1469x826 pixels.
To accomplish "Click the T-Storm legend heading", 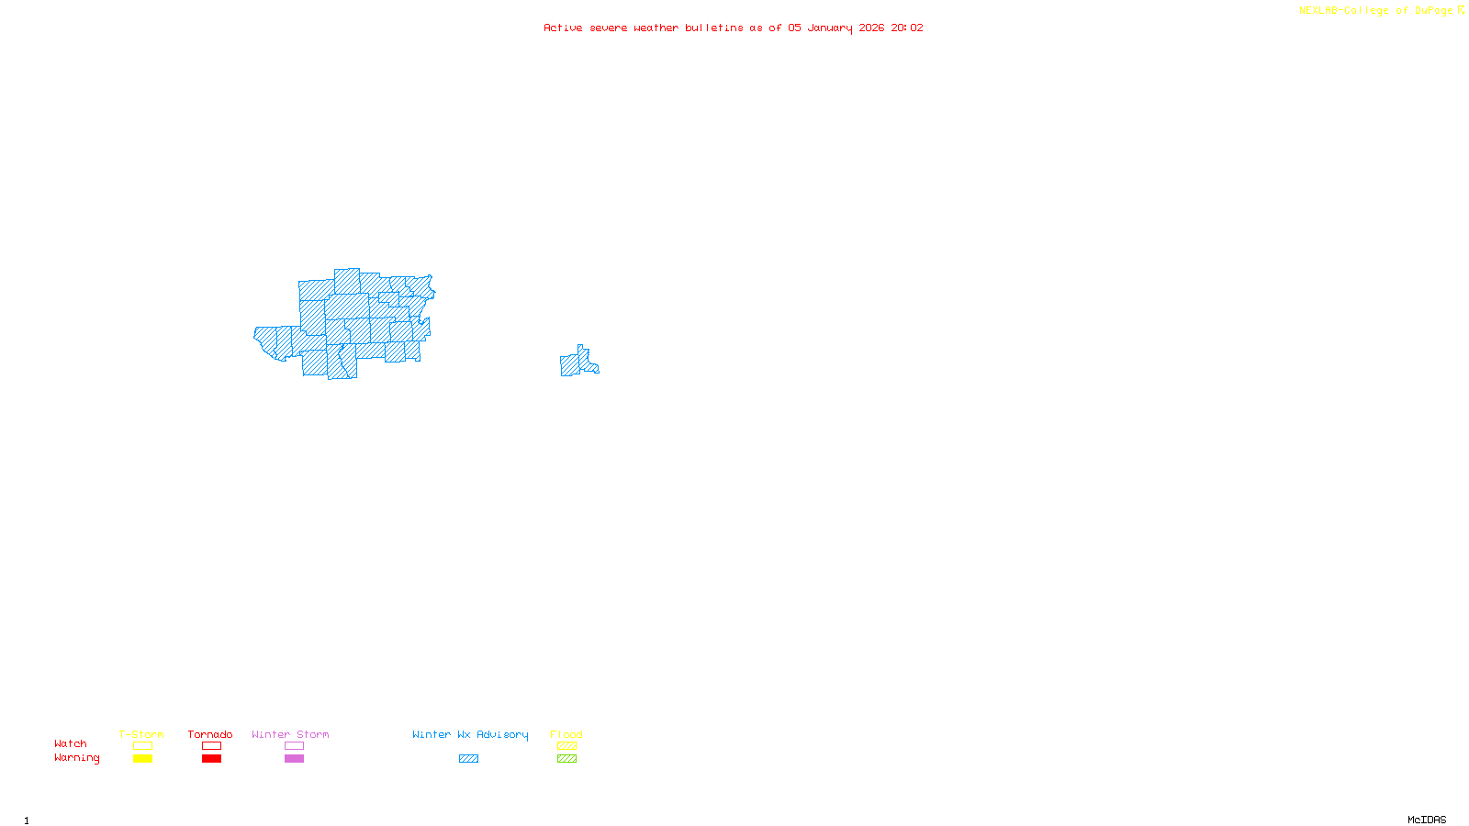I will [x=141, y=734].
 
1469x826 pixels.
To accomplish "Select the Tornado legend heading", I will [x=210, y=734].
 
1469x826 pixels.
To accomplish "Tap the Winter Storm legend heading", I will [x=290, y=734].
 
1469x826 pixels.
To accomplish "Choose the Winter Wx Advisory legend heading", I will [x=470, y=734].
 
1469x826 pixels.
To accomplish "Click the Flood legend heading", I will [x=566, y=734].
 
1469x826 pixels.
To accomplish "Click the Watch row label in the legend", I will [x=71, y=743].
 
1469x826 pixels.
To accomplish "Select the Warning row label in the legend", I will [x=77, y=758].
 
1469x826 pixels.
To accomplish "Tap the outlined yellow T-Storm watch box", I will [x=142, y=746].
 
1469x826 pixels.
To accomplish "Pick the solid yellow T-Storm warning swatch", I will [x=142, y=759].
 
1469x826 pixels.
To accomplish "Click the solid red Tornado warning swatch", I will [x=211, y=759].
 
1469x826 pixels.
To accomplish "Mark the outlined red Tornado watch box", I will [x=211, y=746].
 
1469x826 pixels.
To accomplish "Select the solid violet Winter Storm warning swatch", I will [x=294, y=759].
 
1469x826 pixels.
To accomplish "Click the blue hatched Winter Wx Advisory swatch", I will [x=468, y=759].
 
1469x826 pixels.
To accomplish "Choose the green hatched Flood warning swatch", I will [x=566, y=759].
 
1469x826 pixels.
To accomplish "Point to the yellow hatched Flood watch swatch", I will [x=566, y=746].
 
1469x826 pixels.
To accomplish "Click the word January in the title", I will [x=830, y=28].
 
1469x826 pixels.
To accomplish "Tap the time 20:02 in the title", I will [x=907, y=28].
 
